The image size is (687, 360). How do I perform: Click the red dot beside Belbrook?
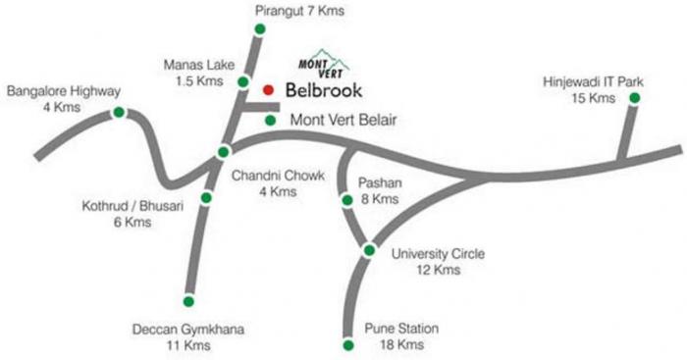click(x=268, y=89)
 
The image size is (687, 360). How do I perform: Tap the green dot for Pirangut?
click(x=259, y=29)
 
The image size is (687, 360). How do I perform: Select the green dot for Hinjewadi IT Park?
click(x=635, y=98)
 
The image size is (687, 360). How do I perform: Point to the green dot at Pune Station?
click(x=347, y=345)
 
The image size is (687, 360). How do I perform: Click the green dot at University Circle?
click(x=369, y=250)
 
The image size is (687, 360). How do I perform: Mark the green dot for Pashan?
click(x=347, y=200)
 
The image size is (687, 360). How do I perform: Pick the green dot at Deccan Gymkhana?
click(x=188, y=300)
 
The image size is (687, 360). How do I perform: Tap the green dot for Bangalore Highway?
click(x=119, y=113)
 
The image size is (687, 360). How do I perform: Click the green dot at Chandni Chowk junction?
click(x=224, y=151)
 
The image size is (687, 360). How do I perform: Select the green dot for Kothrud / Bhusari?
click(x=206, y=198)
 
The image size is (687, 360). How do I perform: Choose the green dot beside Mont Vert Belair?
click(x=272, y=120)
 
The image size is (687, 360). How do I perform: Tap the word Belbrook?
click(x=323, y=90)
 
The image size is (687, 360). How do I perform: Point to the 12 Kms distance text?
click(x=438, y=270)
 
